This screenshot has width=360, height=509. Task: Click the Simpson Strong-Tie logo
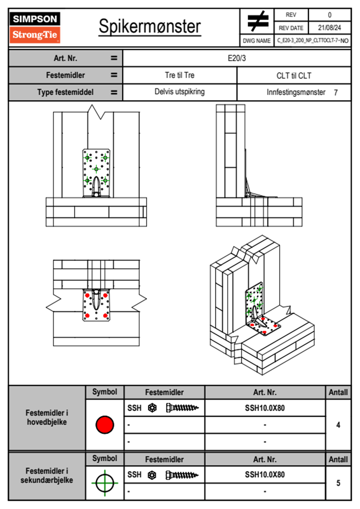35,27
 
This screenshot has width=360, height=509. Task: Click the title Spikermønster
149,27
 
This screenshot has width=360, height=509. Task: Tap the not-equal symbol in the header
257,21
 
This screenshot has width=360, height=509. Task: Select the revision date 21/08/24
329,28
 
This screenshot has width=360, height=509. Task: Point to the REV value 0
329,15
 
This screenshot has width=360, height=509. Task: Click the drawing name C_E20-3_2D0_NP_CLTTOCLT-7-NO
313,41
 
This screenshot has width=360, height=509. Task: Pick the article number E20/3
237,58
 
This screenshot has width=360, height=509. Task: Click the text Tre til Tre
179,75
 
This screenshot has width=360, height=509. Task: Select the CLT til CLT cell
294,76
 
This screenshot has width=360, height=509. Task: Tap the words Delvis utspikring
179,92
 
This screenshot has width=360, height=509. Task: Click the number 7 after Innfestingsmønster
335,93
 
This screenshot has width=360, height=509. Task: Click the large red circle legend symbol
105,425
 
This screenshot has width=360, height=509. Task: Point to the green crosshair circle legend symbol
105,483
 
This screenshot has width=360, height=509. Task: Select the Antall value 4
338,425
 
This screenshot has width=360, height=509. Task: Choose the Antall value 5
338,483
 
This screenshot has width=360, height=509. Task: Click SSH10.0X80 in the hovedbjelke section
265,408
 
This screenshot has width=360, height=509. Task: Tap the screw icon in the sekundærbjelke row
182,475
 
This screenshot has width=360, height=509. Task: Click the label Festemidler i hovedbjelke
47,417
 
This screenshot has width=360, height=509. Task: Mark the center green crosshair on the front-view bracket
96,169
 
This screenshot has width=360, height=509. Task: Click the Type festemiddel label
65,92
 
